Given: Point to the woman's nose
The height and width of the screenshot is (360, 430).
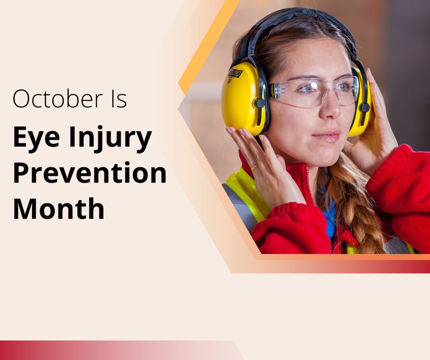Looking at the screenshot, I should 331,109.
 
